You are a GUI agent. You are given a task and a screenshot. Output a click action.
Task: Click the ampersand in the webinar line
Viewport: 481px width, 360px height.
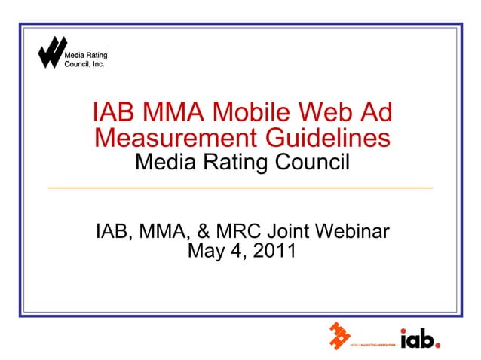pyautogui.click(x=205, y=230)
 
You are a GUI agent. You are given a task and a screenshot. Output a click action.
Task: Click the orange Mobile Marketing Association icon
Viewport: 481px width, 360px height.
pyautogui.click(x=339, y=337)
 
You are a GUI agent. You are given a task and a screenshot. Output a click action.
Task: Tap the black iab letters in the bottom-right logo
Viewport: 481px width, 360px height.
pyautogui.click(x=416, y=340)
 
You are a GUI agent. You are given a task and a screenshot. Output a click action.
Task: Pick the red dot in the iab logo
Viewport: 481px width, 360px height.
pyautogui.click(x=437, y=345)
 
